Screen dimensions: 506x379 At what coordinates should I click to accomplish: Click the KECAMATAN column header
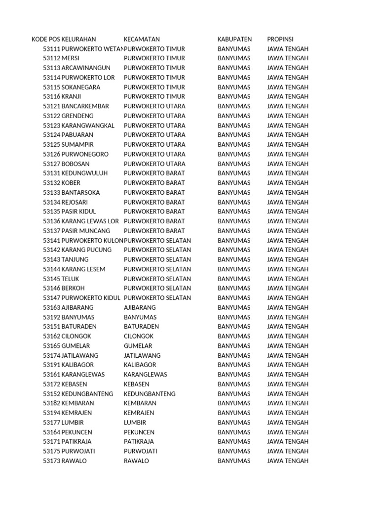click(142, 40)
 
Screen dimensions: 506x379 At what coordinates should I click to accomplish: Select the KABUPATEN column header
click(234, 40)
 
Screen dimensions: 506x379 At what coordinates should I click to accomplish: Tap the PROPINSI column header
click(280, 40)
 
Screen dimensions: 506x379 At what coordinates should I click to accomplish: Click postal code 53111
click(51, 49)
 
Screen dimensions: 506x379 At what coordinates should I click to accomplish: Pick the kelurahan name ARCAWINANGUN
click(86, 68)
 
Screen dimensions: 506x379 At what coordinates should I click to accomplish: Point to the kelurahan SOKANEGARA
click(81, 87)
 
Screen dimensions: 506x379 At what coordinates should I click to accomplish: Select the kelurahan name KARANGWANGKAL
click(88, 126)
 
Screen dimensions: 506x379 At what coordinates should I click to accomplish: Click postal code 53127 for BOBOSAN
click(51, 164)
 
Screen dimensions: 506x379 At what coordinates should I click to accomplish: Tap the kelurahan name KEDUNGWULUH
click(84, 173)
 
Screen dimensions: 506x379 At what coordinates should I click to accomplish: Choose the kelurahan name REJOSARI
click(76, 202)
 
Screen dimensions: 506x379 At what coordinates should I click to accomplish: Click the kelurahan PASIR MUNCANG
click(86, 231)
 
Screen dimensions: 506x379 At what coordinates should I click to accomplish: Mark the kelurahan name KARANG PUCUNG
click(86, 250)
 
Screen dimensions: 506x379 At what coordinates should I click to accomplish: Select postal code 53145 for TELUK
click(51, 279)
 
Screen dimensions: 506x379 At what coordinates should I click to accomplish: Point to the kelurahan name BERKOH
click(73, 289)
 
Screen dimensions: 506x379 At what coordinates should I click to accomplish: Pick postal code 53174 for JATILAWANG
click(51, 355)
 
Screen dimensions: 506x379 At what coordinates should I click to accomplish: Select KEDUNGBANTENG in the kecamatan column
click(150, 394)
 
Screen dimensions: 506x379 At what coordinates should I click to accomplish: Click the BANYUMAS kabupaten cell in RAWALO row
click(234, 461)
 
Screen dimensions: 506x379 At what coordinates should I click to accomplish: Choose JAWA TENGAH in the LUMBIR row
click(288, 422)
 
